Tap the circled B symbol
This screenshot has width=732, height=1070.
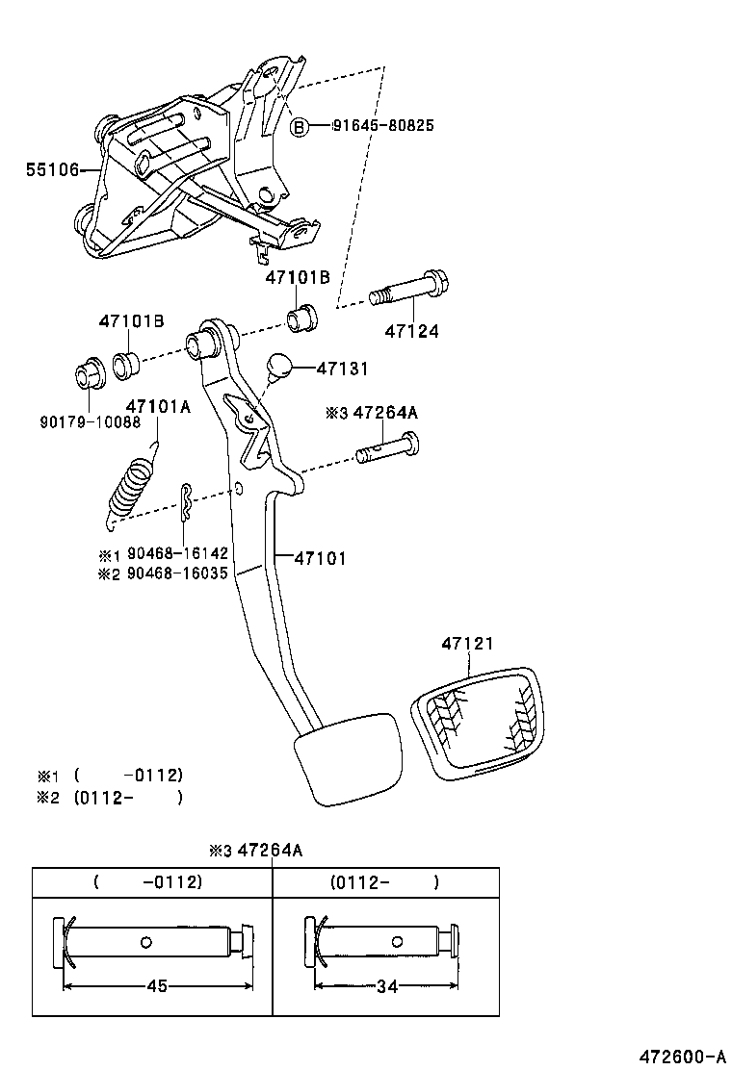coord(300,126)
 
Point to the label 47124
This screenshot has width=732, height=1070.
coord(411,331)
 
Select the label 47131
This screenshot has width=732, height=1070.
coord(343,369)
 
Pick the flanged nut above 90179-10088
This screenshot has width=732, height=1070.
coord(90,372)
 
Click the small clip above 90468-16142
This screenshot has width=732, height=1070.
coord(186,501)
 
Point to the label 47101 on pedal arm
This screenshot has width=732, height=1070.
coord(320,557)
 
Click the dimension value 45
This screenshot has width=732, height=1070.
coord(156,986)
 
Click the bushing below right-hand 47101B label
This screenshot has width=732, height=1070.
coord(301,316)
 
